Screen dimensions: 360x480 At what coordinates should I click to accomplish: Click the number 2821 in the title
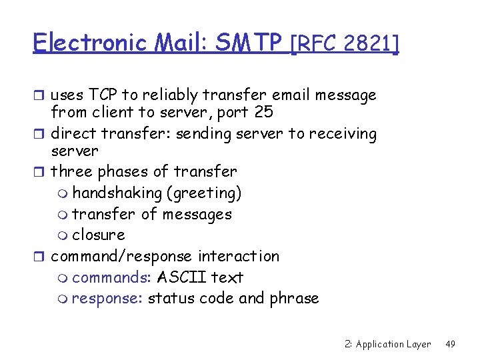pyautogui.click(x=369, y=44)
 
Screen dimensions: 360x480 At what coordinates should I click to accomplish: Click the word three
pyautogui.click(x=72, y=171)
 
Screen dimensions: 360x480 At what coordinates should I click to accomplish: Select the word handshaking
pyautogui.click(x=117, y=193)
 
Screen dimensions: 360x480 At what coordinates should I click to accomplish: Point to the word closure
pyautogui.click(x=99, y=235)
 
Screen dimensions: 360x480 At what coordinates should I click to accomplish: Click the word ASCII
pyautogui.click(x=180, y=277)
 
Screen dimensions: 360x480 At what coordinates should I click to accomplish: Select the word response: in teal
pyautogui.click(x=107, y=298)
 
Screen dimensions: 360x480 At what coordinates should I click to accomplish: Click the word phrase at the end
pyautogui.click(x=294, y=298)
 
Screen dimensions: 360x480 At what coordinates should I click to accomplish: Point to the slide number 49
pyautogui.click(x=450, y=344)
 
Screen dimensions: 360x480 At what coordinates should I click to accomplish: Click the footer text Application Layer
pyautogui.click(x=393, y=344)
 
